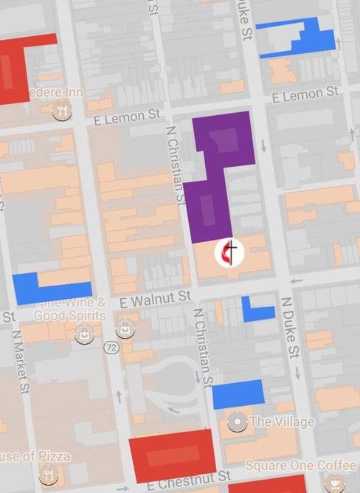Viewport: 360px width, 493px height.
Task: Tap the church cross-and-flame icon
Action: click(229, 253)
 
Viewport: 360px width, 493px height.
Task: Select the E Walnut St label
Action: click(155, 298)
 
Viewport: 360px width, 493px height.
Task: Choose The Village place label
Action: click(282, 422)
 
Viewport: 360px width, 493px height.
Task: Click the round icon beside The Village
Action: click(237, 422)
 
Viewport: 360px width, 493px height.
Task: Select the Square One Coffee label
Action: click(300, 466)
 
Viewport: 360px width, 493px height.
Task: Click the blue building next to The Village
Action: click(238, 394)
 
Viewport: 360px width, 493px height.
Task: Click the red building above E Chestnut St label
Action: click(173, 454)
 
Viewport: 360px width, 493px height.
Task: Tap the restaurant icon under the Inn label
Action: click(62, 111)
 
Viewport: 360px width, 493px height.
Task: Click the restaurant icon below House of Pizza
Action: click(49, 474)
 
